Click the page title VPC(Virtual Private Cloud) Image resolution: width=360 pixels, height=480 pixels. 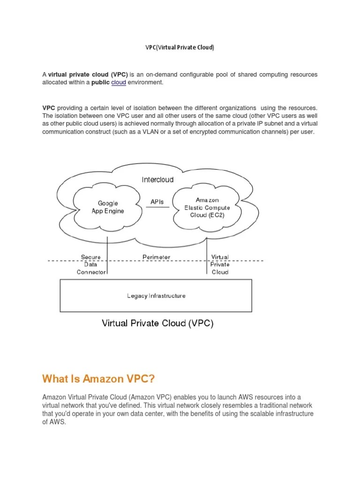point(180,48)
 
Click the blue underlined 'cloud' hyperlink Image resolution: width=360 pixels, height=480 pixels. point(119,82)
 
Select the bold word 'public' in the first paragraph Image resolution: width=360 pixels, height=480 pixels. point(100,82)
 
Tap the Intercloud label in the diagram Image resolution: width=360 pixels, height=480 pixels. point(157,180)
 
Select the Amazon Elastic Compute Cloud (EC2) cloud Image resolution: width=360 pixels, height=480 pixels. point(207,208)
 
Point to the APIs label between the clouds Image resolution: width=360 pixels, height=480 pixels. point(157,202)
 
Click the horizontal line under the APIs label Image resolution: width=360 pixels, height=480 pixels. point(157,208)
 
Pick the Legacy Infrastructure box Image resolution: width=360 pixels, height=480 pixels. point(156,296)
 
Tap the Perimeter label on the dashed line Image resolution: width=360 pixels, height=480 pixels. point(157,257)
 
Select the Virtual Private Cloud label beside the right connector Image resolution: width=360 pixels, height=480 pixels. point(220,264)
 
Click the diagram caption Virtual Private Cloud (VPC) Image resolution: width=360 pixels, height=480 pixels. point(158,323)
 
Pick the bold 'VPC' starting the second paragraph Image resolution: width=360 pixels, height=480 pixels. point(49,107)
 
